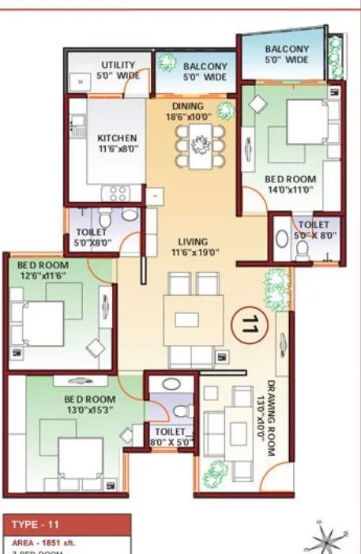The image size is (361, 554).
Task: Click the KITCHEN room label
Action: coord(117,142)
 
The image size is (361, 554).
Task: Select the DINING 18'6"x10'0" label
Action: coord(186,111)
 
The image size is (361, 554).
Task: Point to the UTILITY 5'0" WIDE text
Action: coord(118,70)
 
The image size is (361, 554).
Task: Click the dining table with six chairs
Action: coord(194,144)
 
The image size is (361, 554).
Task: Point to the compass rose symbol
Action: coord(325,540)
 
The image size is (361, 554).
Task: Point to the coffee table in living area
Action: coord(187,320)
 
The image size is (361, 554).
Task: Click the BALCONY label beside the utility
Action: coord(205,71)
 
